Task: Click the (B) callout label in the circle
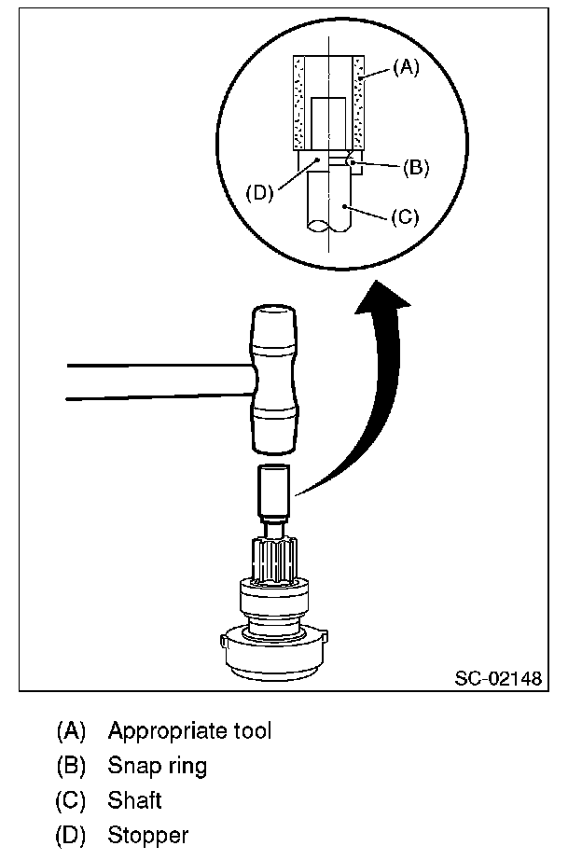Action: point(416,168)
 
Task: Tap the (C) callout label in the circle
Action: point(406,217)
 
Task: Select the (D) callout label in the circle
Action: point(258,193)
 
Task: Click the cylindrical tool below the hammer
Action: point(274,495)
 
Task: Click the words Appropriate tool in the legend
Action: point(189,730)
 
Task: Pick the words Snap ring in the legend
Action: point(157,766)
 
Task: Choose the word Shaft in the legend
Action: point(134,800)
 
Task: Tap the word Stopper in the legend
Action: point(147,835)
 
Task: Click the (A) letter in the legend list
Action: point(71,730)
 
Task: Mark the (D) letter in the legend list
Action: point(71,835)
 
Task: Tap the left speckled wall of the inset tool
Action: point(300,103)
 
